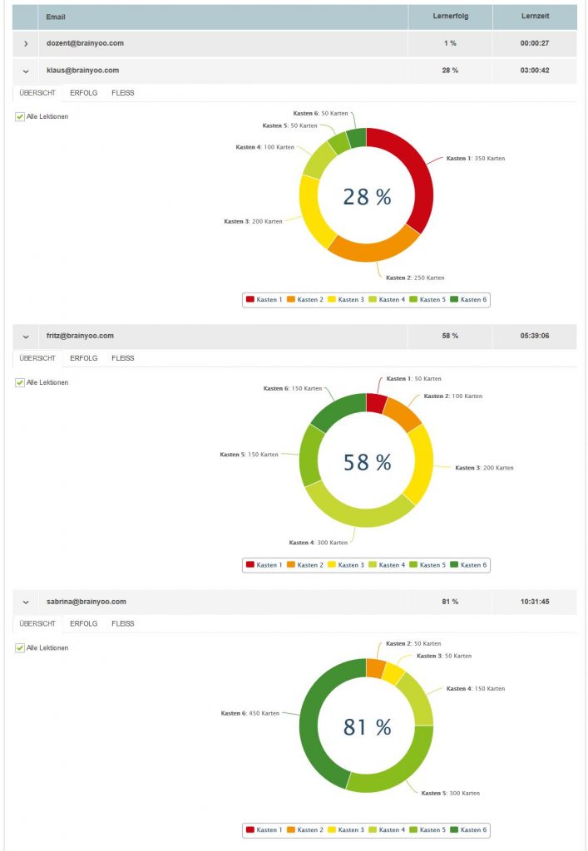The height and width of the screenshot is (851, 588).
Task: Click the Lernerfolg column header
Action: point(450,17)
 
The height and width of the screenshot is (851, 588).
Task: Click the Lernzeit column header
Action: point(534,17)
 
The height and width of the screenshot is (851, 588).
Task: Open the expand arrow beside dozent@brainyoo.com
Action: point(26,43)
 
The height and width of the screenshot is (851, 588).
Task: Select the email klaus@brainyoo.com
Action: point(82,71)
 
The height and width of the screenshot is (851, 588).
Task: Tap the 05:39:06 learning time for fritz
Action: point(534,336)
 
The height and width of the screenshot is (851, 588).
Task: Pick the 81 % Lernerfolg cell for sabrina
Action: point(450,601)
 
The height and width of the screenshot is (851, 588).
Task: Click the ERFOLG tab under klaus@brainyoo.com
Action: point(83,93)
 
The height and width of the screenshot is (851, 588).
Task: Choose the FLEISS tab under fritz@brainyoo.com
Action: point(123,358)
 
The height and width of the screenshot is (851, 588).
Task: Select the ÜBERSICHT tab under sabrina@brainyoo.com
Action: point(37,623)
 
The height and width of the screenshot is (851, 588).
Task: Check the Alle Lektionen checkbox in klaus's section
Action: point(20,116)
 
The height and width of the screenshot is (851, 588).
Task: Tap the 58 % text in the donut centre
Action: point(367,462)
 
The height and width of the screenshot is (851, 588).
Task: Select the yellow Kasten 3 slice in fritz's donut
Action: point(421,461)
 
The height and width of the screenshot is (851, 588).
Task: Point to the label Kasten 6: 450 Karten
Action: point(250,713)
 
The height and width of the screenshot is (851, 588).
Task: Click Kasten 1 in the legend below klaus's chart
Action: point(264,299)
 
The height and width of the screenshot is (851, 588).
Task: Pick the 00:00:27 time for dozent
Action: point(534,43)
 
